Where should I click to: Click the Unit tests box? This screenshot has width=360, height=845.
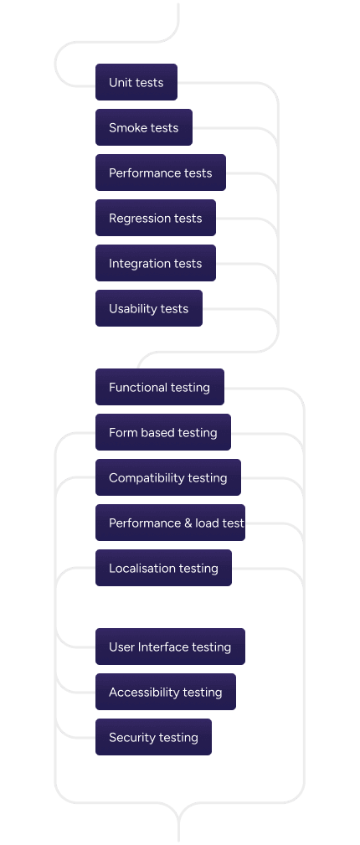point(136,82)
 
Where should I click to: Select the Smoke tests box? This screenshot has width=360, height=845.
point(143,127)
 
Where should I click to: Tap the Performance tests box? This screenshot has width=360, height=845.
point(160,173)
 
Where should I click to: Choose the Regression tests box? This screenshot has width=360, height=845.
point(155,218)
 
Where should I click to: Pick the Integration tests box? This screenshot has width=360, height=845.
point(155,263)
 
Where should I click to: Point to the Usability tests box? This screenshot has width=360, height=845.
point(148,308)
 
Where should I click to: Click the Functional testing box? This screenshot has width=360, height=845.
point(159,387)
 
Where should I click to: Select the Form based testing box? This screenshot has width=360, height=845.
point(162,432)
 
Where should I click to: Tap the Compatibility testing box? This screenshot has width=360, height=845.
point(167,477)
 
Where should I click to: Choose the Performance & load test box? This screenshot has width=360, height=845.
point(170,523)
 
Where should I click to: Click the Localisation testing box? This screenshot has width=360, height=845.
point(163,568)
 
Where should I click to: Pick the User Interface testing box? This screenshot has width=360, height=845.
point(170,647)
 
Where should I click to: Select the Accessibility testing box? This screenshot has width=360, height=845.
point(165,692)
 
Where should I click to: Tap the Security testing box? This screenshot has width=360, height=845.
point(153,737)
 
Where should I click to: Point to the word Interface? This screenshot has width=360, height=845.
point(163,647)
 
